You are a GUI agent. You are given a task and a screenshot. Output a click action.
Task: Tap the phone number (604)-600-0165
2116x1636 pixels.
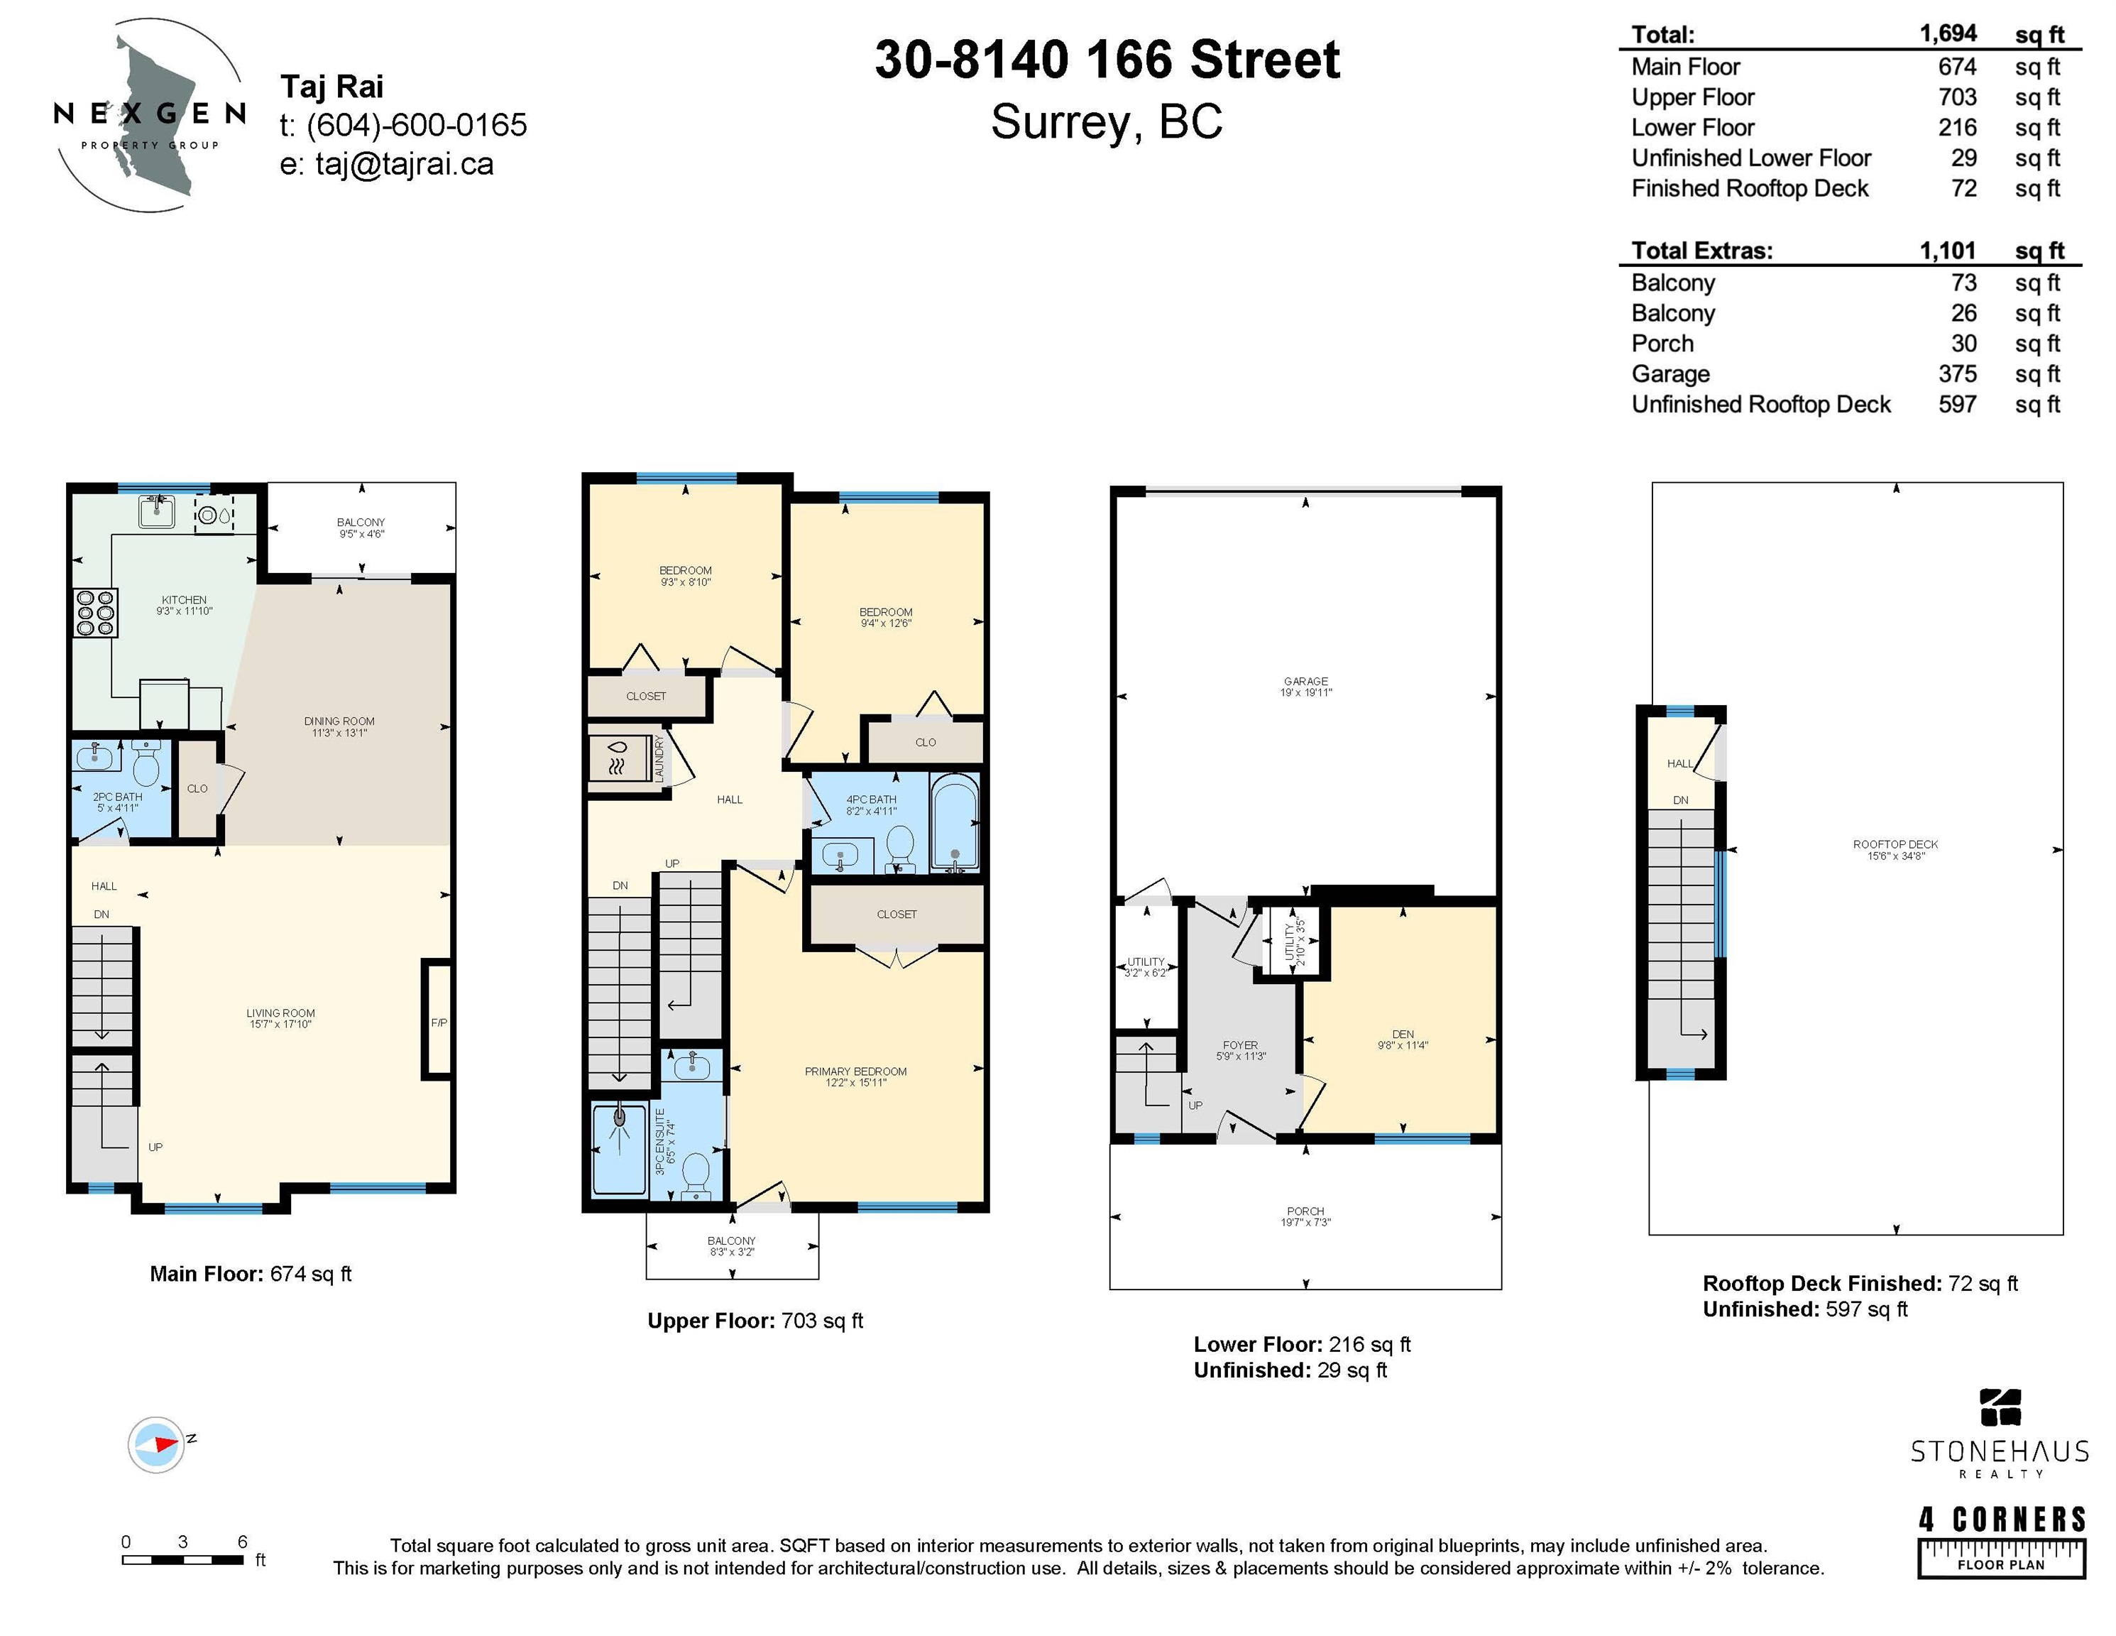coord(417,125)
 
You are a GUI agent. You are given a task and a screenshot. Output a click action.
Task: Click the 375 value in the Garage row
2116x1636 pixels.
coord(1957,374)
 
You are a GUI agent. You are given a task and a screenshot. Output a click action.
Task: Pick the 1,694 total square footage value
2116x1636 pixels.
coord(1948,34)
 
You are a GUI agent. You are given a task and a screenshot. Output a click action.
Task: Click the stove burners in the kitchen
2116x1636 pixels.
coord(96,613)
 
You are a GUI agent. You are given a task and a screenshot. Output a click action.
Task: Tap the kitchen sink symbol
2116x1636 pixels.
coord(157,511)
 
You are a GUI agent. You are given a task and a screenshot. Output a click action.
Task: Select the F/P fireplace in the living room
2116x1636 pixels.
coord(438,1020)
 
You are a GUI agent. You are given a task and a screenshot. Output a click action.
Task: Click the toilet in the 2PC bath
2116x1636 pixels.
coord(146,765)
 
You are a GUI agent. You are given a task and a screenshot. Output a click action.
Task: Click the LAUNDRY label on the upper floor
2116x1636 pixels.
coord(659,758)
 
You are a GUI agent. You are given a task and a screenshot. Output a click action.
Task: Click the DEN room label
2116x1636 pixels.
coord(1403,1034)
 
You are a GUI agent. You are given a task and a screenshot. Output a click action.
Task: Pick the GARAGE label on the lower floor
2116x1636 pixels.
coord(1306,682)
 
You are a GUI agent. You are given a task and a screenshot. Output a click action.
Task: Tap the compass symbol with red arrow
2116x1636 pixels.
coord(156,1445)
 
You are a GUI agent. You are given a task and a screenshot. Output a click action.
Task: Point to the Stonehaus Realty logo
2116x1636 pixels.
coord(2000,1434)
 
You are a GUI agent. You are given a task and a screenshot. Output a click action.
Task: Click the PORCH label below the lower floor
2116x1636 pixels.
coord(1305,1211)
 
